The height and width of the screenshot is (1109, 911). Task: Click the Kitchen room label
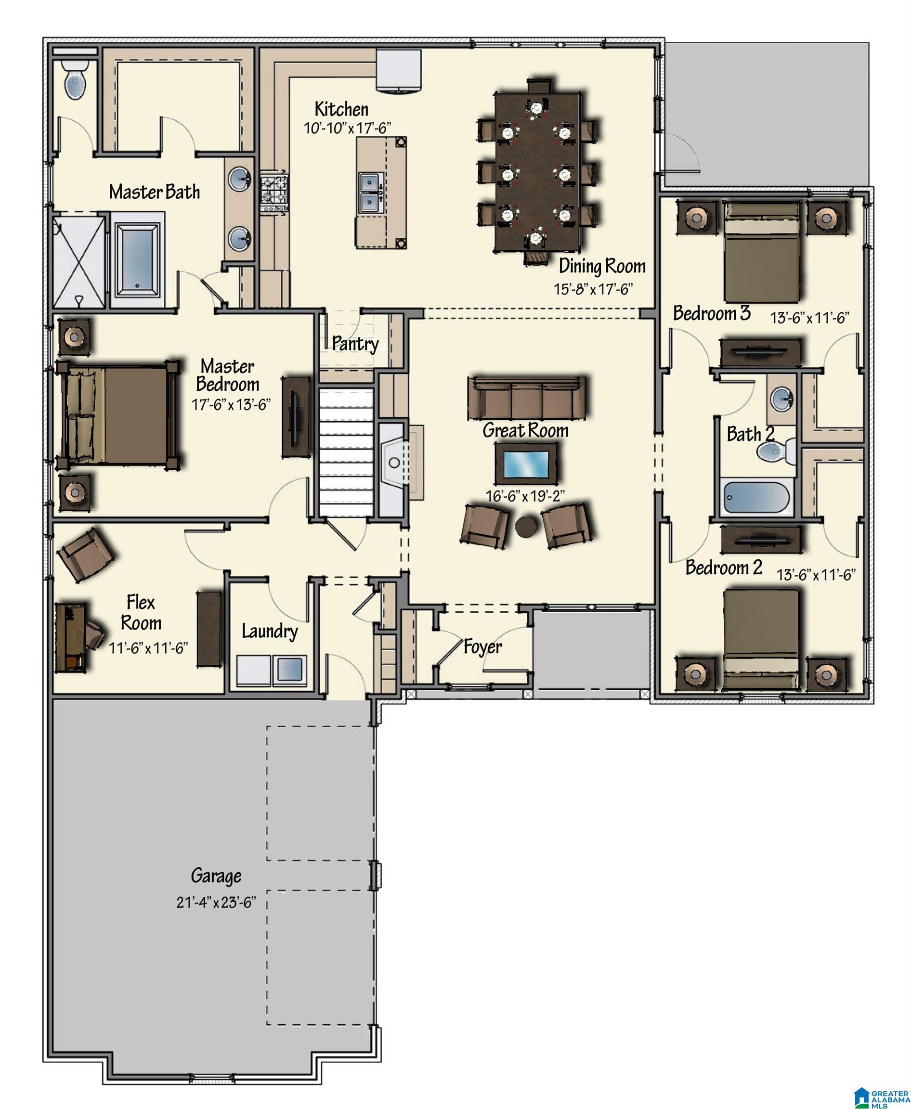click(x=341, y=109)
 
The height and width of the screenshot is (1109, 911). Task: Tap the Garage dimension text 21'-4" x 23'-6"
click(x=216, y=903)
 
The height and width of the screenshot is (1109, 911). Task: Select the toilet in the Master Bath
click(x=75, y=80)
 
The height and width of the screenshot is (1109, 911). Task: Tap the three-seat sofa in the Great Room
click(x=526, y=398)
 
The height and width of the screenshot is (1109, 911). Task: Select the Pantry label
click(x=355, y=344)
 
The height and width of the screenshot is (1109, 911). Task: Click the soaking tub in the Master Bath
click(x=137, y=259)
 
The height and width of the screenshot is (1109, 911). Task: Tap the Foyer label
click(x=482, y=646)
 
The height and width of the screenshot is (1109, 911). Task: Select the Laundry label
click(x=269, y=631)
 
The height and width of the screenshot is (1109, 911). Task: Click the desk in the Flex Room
click(x=70, y=637)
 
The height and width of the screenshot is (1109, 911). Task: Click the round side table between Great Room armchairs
click(x=525, y=527)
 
